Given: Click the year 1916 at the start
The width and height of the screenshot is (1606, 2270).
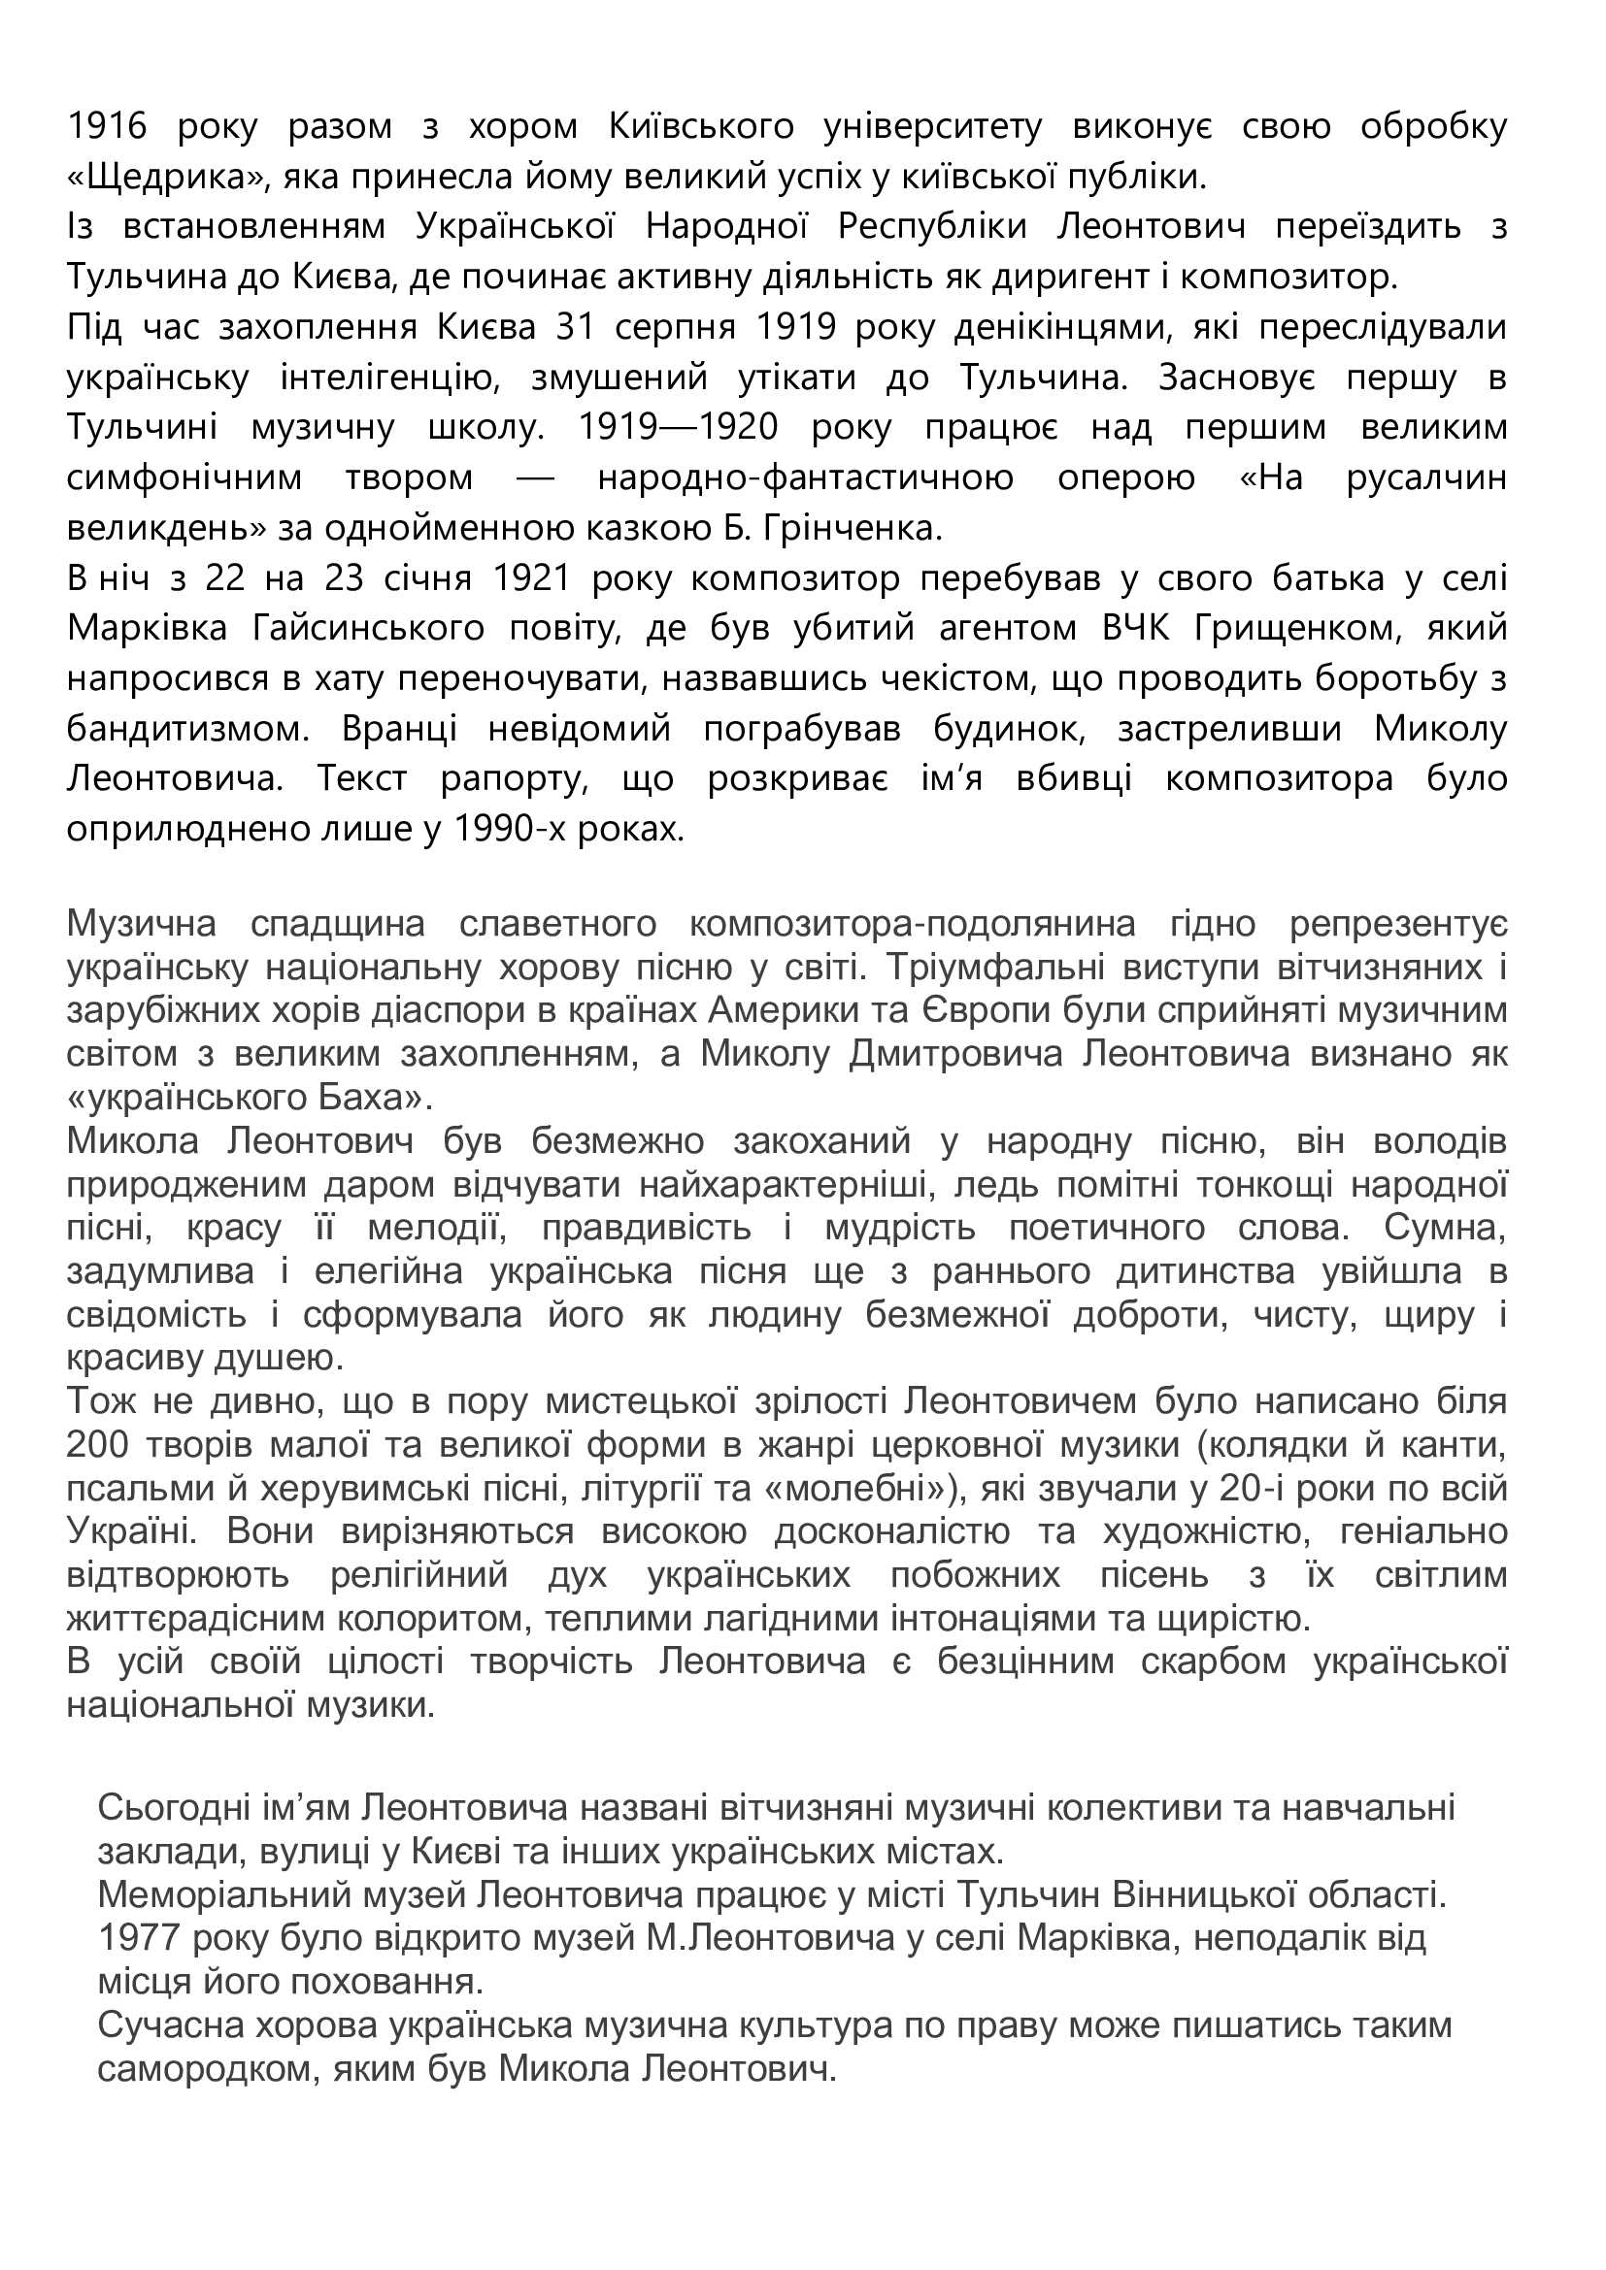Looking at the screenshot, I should click(107, 127).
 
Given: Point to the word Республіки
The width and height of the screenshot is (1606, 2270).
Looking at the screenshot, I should click(932, 227).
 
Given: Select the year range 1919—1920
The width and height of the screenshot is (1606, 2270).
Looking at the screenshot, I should click(678, 428).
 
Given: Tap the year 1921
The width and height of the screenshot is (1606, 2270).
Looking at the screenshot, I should click(533, 578).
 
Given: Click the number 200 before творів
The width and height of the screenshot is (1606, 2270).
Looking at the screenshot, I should click(99, 1446).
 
